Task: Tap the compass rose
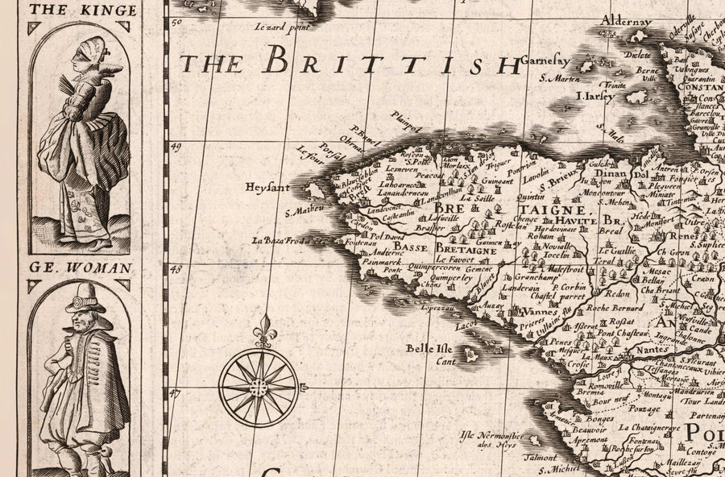click(259, 387)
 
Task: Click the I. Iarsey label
click(595, 96)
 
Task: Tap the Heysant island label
click(267, 188)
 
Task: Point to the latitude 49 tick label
click(176, 146)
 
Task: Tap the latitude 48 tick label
click(176, 268)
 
